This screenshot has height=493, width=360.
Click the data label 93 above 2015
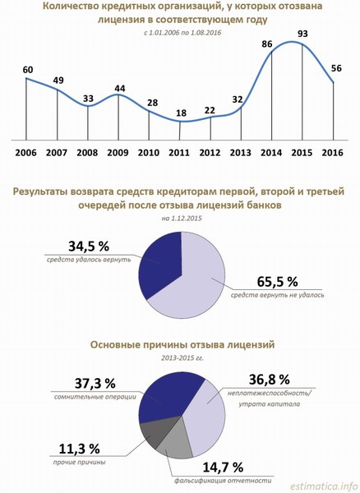(x=302, y=34)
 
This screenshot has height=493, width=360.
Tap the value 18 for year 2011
(x=181, y=113)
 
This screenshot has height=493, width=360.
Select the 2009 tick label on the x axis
(x=118, y=153)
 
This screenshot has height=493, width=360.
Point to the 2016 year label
(x=333, y=153)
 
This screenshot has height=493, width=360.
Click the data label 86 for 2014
(x=267, y=44)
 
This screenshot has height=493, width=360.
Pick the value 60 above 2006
(x=28, y=70)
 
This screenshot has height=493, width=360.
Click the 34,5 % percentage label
(x=89, y=246)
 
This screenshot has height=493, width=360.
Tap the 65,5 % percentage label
(x=277, y=282)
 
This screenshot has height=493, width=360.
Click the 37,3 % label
(x=95, y=384)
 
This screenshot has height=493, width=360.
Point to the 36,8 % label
(x=269, y=380)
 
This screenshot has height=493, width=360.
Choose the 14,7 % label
(x=223, y=468)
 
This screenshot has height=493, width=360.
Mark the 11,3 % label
(x=79, y=449)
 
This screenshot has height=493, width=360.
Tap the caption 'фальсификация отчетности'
(x=223, y=481)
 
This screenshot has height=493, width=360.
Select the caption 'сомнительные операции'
(x=95, y=397)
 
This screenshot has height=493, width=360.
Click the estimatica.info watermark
(x=324, y=486)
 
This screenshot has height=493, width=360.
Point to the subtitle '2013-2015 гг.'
(x=182, y=357)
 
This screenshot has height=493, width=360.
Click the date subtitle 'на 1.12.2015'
(x=182, y=219)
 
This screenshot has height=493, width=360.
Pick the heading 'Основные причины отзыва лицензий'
(x=182, y=344)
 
